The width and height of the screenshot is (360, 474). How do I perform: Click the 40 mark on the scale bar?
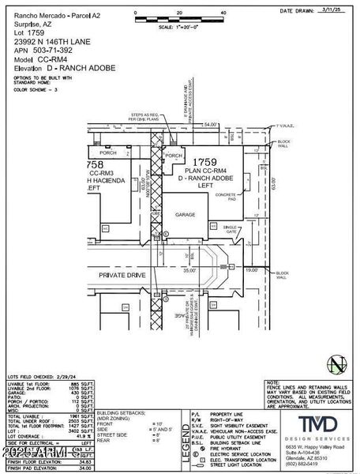224,13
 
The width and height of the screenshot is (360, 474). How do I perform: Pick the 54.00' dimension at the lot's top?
210,124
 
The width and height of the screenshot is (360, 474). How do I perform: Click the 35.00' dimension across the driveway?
189,269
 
